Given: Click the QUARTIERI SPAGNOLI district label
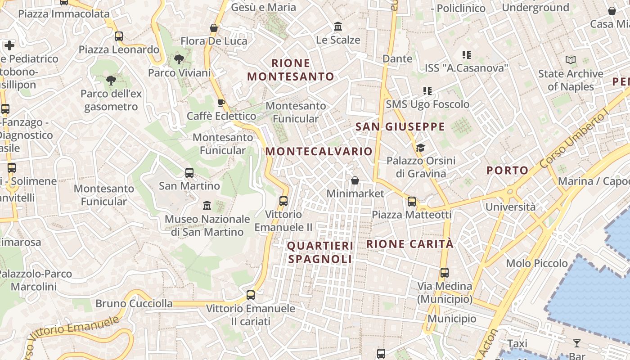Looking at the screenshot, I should (x=320, y=252).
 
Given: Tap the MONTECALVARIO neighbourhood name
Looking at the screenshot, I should (x=319, y=151).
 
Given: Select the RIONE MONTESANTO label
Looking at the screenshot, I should (x=291, y=70).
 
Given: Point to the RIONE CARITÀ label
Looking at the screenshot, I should (x=410, y=244).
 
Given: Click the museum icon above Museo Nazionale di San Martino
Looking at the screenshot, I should (x=207, y=206).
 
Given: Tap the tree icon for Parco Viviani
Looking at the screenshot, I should (x=179, y=59).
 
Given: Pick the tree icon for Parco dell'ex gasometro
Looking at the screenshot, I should (x=111, y=81).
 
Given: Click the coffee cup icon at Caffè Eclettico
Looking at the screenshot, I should (x=221, y=103).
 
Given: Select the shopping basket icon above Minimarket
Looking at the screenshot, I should (x=355, y=180).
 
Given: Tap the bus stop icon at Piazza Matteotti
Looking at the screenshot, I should (x=412, y=201).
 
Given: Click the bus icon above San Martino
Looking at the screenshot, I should (x=189, y=172).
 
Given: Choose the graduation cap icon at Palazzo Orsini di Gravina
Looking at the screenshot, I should (x=420, y=148).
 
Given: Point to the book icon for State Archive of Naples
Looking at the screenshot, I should (x=571, y=60).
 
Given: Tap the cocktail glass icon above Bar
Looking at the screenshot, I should (x=576, y=343).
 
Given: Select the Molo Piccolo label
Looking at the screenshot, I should (x=537, y=263).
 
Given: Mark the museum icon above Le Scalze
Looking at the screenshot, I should (x=338, y=27).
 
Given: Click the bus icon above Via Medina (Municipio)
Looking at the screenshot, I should (x=445, y=272).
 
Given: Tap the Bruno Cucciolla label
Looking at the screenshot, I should (x=134, y=303).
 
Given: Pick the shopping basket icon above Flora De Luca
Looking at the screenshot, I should (x=214, y=28).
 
